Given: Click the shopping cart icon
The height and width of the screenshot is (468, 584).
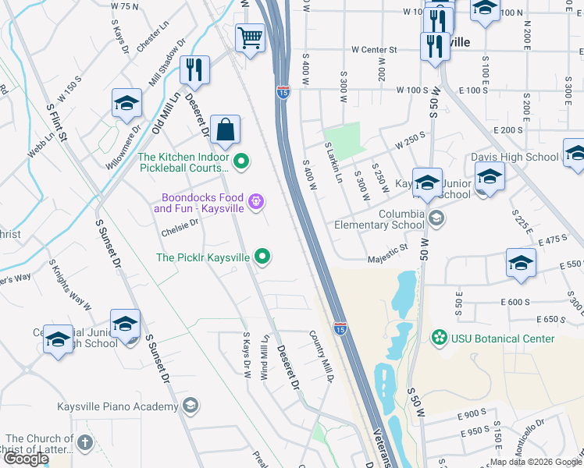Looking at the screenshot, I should pyautogui.click(x=250, y=37).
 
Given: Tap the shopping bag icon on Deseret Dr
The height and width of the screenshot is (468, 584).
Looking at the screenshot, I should pyautogui.click(x=225, y=131).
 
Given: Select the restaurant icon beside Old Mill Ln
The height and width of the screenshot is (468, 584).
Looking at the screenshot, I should pyautogui.click(x=194, y=69).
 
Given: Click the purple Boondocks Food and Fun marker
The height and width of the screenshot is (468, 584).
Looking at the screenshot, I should pyautogui.click(x=255, y=204).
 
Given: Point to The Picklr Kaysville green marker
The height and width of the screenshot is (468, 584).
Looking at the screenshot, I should pyautogui.click(x=263, y=256).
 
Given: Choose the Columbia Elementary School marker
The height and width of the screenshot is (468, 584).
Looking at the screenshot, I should pyautogui.click(x=436, y=218).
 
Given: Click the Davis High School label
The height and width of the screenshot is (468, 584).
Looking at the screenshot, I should pyautogui.click(x=515, y=157).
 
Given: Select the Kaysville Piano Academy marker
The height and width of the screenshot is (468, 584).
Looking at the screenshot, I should pyautogui.click(x=190, y=405).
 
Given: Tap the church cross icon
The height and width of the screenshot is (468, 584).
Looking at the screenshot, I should pyautogui.click(x=84, y=443).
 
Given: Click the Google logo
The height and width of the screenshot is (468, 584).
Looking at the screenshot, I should pyautogui.click(x=26, y=459).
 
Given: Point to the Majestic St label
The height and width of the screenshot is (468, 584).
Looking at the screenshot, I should pyautogui.click(x=388, y=250).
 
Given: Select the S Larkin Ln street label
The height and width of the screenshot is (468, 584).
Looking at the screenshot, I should pyautogui.click(x=333, y=162).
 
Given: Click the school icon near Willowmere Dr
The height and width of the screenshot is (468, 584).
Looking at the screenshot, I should pyautogui.click(x=126, y=105).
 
